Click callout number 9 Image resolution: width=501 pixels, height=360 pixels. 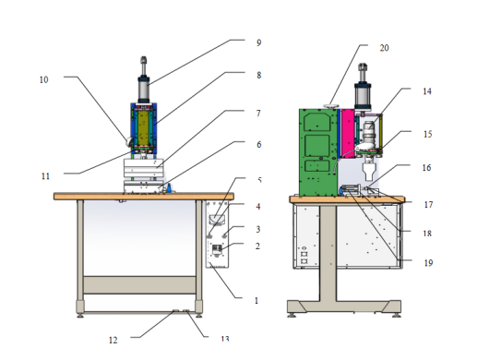tap(259, 42)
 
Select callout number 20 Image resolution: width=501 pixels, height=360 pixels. tap(384, 48)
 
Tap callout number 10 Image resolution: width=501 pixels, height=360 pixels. tap(43, 80)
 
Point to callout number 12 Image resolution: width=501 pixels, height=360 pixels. tap(113, 340)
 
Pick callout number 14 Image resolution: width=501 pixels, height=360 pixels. tap(427, 91)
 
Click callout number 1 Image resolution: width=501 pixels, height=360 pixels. tap(256, 301)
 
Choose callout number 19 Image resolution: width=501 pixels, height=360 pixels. tap(428, 263)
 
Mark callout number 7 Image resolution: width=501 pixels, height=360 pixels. tap(258, 114)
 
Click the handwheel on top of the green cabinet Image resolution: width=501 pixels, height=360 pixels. tap(330, 106)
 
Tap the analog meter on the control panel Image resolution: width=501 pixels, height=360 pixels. tap(217, 220)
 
